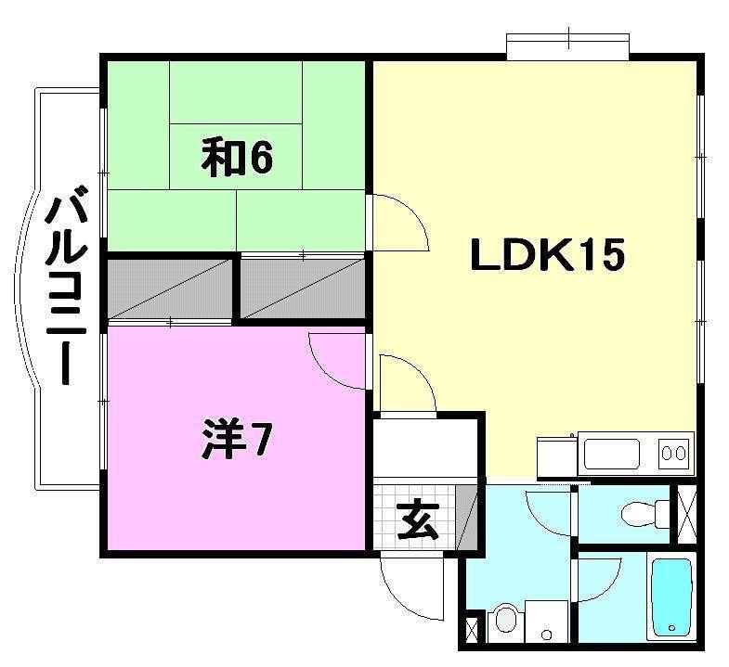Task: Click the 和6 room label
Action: pos(237,158)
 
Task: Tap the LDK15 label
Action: pos(546,255)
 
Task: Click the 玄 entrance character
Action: pos(417,521)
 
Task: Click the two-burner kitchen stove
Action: pos(676,454)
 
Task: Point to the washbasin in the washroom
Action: pos(507,620)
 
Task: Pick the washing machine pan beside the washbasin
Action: pos(547,619)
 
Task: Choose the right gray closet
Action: pos(303,287)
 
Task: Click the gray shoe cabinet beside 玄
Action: pos(469,519)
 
